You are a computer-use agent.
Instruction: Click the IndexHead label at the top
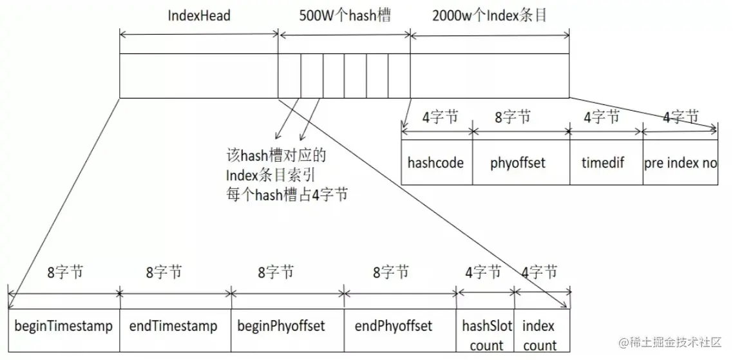[x=199, y=15]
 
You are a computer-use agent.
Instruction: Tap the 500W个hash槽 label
[x=345, y=15]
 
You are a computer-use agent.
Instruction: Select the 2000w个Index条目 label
[x=490, y=15]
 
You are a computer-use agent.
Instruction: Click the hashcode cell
[x=436, y=163]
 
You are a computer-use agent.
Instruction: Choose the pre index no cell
[x=680, y=163]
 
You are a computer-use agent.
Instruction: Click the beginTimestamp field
[x=63, y=327]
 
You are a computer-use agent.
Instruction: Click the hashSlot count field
[x=486, y=335]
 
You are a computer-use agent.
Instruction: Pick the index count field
[x=539, y=335]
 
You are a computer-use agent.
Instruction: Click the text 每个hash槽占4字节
[x=287, y=194]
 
